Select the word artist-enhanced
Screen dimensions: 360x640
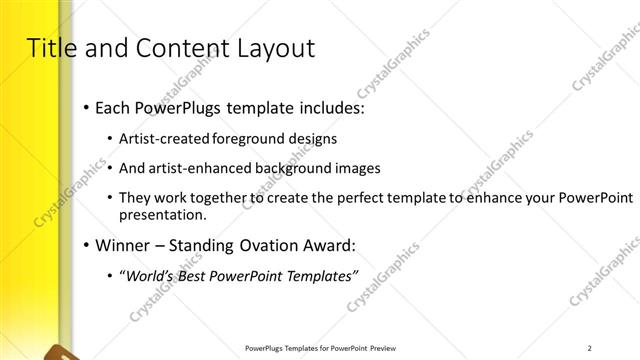point(194,168)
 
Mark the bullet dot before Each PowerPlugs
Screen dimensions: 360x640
point(87,107)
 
